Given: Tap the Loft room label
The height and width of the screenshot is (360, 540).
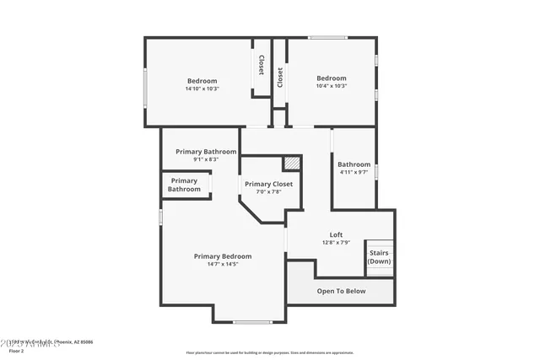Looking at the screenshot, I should pos(336,234).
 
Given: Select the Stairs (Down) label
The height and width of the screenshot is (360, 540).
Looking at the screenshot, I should pos(379,256).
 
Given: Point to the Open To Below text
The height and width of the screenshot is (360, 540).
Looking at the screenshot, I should pos(341,291).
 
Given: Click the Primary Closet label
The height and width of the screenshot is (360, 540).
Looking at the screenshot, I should pos(268,184).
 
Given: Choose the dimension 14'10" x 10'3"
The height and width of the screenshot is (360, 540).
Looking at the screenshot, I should pos(202,89).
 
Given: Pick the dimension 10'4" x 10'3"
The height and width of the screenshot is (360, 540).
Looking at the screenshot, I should pos(331,86).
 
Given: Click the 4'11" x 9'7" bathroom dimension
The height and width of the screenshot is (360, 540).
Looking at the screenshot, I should pos(354,172).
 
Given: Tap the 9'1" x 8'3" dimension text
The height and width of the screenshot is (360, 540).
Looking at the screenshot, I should pos(206,159).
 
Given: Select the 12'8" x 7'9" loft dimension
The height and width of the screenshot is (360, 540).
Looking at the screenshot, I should pos(336,243).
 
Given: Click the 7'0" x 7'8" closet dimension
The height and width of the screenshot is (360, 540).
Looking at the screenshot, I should pos(268,191).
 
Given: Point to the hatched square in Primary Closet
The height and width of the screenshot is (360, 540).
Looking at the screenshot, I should pos(291,162).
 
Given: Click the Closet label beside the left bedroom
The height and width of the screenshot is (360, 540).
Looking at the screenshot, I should pos(261,66).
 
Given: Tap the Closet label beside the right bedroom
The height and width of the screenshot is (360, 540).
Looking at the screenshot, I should pos(280,77).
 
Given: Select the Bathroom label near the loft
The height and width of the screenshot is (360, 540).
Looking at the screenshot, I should pos(354,164).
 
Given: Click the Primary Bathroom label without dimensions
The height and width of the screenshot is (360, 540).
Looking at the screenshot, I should pos(184,185).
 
